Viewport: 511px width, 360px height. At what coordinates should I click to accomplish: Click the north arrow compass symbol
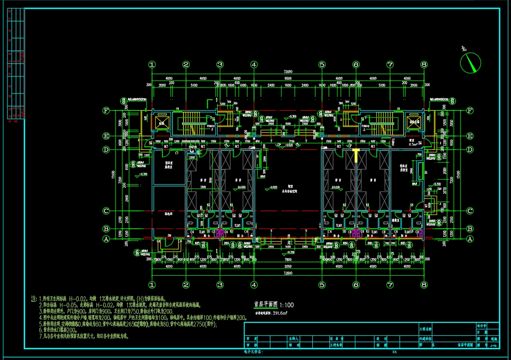(x=470, y=62)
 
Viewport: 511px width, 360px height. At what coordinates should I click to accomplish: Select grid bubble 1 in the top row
(x=152, y=65)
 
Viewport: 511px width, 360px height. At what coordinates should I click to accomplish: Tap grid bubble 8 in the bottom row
(x=424, y=284)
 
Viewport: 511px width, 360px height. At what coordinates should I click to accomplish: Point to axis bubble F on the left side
(x=106, y=111)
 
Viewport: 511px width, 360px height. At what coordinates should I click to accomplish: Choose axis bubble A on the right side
(x=470, y=238)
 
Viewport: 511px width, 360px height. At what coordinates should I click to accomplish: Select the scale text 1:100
(x=287, y=305)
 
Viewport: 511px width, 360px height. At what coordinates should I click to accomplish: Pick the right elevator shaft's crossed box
(x=413, y=122)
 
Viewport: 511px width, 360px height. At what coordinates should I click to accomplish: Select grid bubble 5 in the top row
(x=322, y=65)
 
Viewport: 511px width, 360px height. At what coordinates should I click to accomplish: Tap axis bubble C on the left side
(x=106, y=211)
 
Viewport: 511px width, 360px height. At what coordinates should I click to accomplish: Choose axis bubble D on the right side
(x=470, y=149)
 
